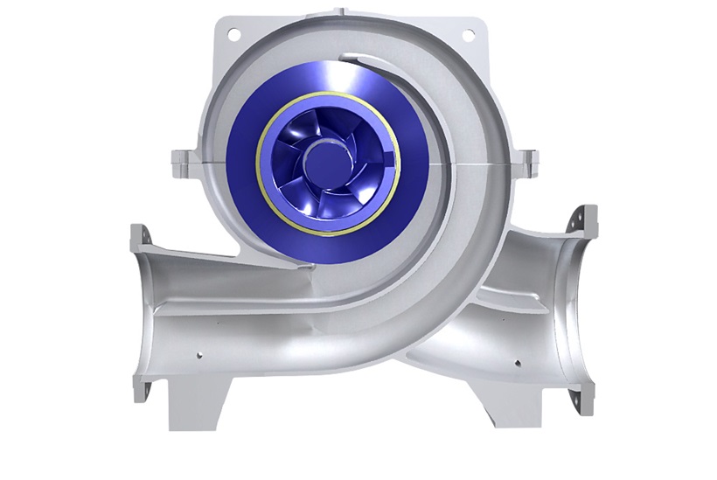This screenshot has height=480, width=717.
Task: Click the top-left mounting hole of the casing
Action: click(233, 34)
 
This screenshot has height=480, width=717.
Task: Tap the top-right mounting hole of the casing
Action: click(467, 34)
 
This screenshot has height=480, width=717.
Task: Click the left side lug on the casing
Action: click(179, 160)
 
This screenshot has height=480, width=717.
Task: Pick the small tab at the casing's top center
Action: click(349, 12)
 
